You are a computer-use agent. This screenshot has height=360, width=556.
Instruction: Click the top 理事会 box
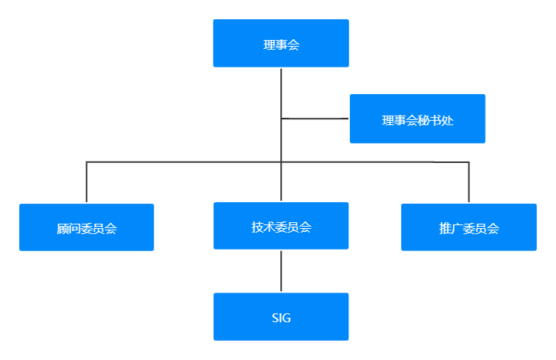280,43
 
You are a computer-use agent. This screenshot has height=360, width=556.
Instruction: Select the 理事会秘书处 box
417,119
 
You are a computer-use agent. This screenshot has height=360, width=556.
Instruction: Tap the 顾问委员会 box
87,227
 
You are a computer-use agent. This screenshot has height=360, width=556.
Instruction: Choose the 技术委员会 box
280,226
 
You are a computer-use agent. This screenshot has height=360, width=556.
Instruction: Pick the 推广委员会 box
469,227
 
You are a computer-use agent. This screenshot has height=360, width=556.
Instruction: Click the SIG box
280,317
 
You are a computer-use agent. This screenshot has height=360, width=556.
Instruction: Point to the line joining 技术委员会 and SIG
281,271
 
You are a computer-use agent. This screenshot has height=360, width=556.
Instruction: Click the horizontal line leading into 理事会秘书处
315,119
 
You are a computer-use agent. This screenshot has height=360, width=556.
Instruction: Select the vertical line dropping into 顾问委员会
87,182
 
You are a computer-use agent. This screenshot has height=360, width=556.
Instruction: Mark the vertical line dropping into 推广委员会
469,182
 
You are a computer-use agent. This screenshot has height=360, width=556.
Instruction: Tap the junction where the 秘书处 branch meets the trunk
281,119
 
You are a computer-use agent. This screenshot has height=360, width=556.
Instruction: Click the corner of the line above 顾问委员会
87,161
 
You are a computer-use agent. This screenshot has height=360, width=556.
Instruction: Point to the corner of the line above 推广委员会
469,161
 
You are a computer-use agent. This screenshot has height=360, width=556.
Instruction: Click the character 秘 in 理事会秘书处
417,120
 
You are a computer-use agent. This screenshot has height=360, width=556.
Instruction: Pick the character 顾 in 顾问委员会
63,229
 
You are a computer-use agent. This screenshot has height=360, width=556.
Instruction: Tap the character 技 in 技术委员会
257,227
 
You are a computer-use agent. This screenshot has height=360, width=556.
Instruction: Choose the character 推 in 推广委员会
445,229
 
